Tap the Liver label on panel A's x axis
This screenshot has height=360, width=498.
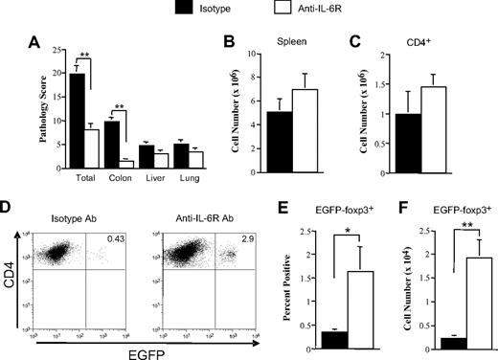coord(145,178)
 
